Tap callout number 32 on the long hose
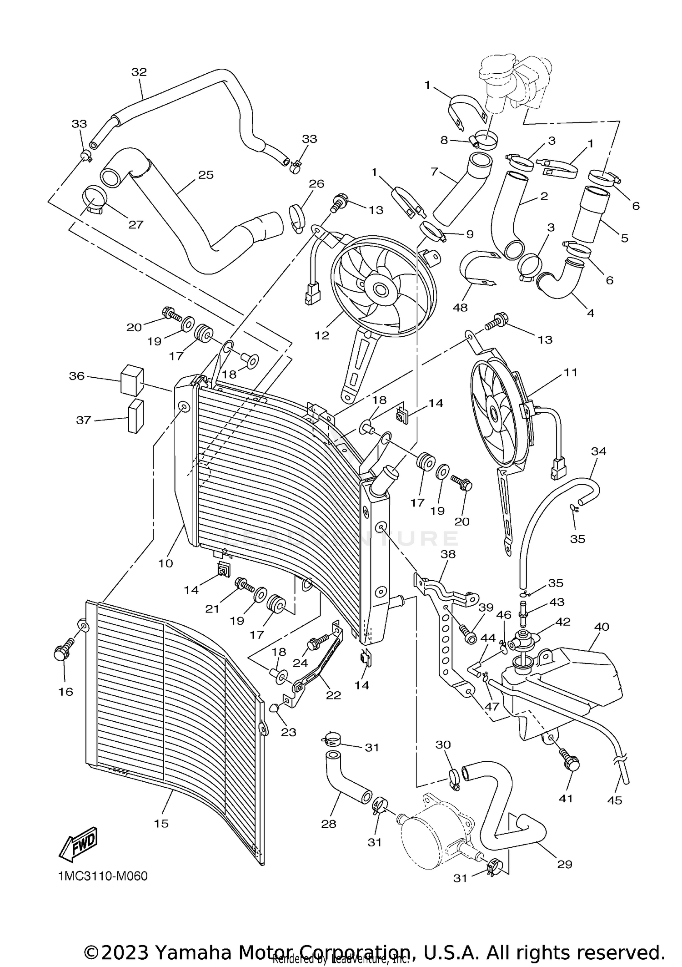139,72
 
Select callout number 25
206,175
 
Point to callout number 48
460,308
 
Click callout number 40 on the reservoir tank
602,627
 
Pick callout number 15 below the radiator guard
161,823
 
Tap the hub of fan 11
494,413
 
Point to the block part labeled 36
132,380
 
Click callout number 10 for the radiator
165,563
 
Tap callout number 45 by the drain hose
614,800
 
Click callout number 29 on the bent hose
564,864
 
